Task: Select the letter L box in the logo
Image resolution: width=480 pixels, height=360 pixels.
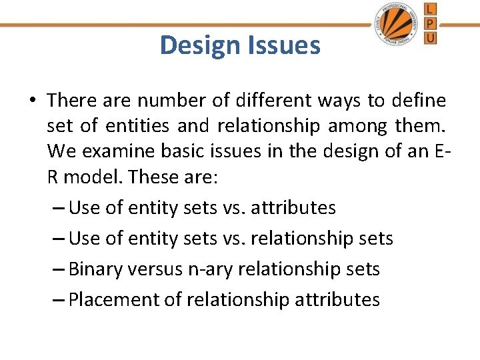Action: click(431, 9)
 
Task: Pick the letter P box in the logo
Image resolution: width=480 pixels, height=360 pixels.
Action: click(431, 23)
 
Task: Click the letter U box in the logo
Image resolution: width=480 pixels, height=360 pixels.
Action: click(431, 37)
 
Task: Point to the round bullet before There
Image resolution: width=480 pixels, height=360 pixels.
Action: click(32, 101)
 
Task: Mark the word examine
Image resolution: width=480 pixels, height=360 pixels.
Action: click(115, 151)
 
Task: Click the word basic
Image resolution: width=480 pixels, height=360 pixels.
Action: click(181, 151)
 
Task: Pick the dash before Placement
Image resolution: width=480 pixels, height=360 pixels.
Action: click(58, 300)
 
